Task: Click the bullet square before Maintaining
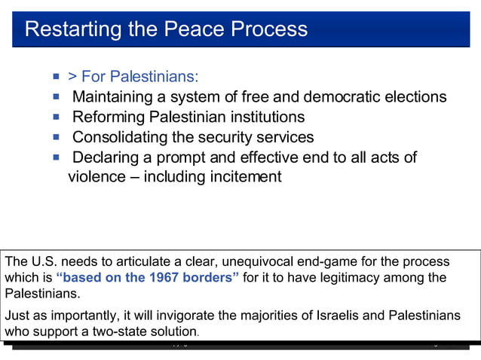click(x=56, y=96)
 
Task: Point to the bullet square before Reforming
click(x=56, y=117)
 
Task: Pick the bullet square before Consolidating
click(x=56, y=137)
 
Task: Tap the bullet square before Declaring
click(x=56, y=157)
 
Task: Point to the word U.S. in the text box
click(x=44, y=261)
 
